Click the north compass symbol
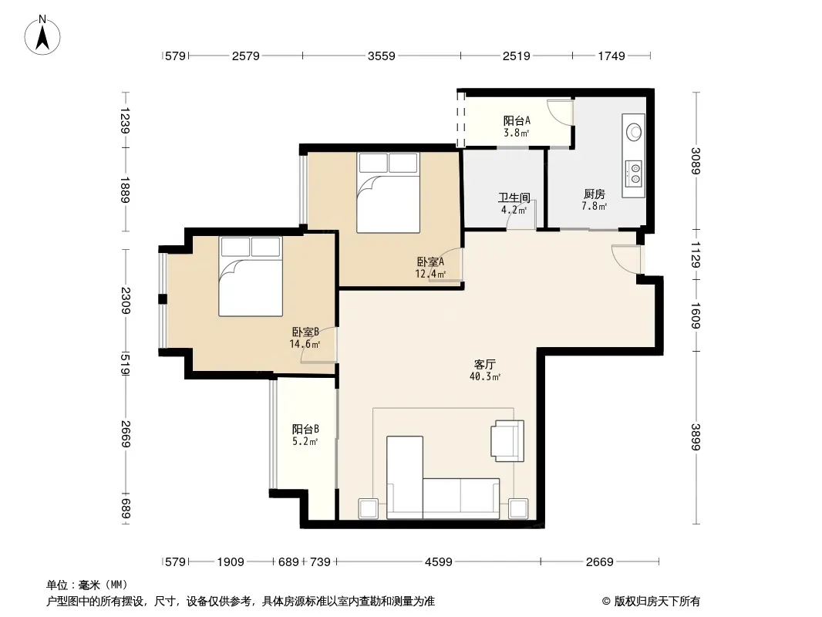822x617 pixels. (42, 35)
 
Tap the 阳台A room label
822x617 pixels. (517, 120)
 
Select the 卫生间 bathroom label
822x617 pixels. (514, 197)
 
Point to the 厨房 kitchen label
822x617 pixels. (594, 194)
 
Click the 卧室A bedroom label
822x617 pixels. (430, 261)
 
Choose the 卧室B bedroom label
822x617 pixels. (305, 332)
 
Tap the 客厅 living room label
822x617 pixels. (484, 364)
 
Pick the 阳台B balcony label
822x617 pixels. (305, 430)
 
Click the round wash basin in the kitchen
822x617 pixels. (634, 131)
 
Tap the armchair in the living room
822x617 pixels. (507, 441)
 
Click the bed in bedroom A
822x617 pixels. (388, 192)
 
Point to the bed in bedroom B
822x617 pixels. (251, 276)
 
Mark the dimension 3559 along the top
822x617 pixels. (381, 56)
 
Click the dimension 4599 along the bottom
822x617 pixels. (438, 562)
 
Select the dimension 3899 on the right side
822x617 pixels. (696, 437)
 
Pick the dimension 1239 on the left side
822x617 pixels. (125, 120)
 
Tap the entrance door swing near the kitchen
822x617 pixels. (626, 259)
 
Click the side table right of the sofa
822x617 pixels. (518, 508)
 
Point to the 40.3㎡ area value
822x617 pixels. (485, 376)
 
